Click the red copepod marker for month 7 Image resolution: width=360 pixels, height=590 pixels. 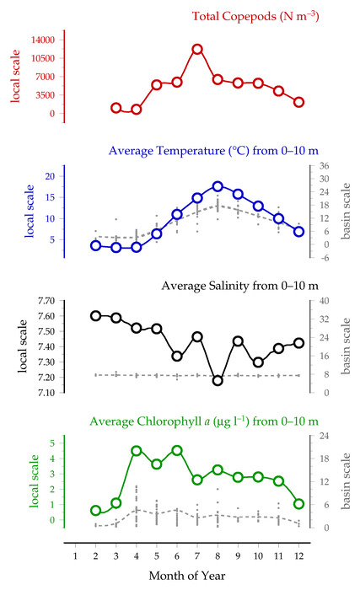197,49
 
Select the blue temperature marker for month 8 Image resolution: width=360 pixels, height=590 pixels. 218,186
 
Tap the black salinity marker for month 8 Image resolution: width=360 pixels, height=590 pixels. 218,381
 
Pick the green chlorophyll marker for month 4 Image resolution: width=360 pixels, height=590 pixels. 137,451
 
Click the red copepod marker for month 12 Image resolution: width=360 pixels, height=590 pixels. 299,102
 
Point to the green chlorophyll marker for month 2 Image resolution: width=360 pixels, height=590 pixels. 95,511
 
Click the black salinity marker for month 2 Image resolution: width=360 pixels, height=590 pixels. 95,316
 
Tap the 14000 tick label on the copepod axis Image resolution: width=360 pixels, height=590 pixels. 42,40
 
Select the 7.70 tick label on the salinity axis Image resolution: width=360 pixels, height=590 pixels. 46,301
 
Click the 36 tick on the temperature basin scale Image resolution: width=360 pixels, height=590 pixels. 324,165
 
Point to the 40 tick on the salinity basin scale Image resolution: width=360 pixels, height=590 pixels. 324,301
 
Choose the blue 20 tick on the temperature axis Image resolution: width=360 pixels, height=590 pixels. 50,176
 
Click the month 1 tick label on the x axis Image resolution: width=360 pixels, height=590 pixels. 75,555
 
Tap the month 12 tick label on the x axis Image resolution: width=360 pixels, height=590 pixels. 299,555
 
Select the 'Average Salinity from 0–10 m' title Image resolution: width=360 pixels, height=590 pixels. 240,286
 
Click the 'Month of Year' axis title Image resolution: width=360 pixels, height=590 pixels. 187,576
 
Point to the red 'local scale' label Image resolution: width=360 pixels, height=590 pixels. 15,76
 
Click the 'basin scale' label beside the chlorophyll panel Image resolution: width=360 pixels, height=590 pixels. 346,481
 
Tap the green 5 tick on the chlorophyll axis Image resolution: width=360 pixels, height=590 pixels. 52,442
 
